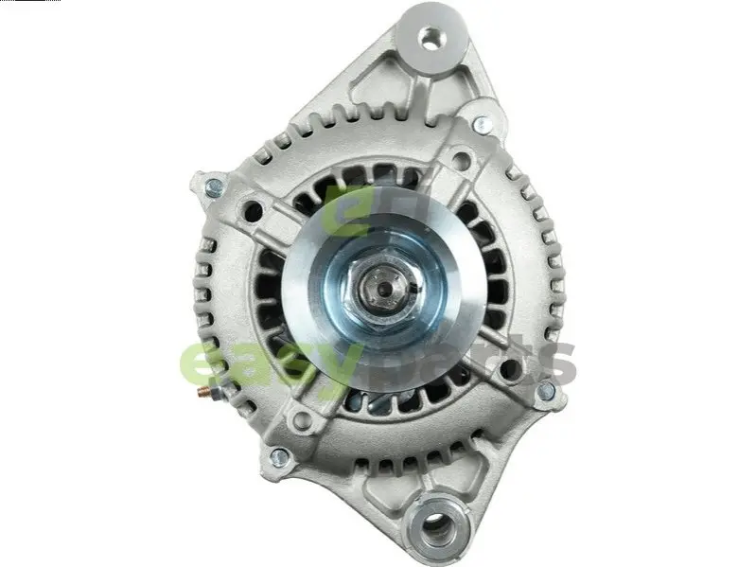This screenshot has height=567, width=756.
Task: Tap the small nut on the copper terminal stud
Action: point(216,392)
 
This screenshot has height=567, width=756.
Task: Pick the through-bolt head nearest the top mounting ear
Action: point(482,124)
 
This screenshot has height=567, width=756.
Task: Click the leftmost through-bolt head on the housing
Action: point(214,187)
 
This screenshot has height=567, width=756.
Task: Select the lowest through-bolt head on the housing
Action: point(279,457)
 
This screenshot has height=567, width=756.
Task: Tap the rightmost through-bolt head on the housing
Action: point(546,390)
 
